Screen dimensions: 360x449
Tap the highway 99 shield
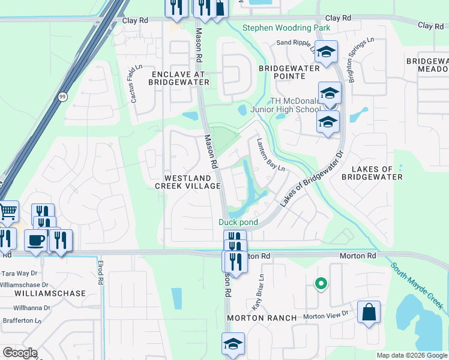coord(62,96)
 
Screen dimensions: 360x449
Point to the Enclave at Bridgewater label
coord(176,77)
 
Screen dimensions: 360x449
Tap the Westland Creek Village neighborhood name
coord(188,182)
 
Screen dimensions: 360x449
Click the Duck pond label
coord(238,222)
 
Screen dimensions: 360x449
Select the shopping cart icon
coord(8,211)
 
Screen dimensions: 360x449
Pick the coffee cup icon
coord(36,240)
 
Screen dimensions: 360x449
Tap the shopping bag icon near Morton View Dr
coord(368,312)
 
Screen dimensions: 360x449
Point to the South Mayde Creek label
coord(418,286)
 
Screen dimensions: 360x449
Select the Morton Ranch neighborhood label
coord(262,317)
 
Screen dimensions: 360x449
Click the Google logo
coord(19,353)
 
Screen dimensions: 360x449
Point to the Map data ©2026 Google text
coord(411,355)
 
